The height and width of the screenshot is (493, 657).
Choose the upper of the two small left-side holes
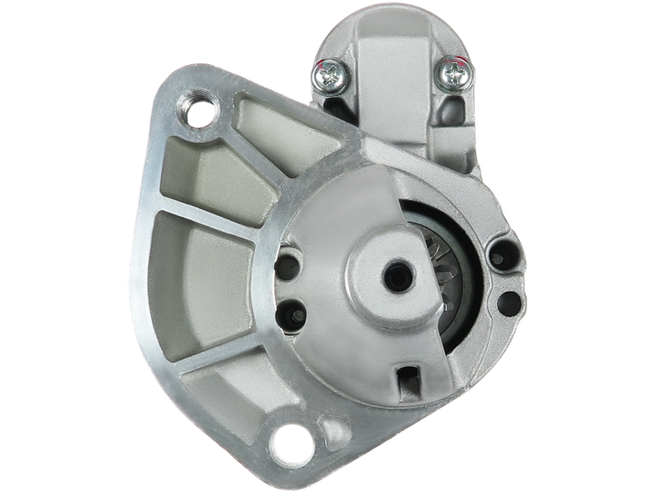290,267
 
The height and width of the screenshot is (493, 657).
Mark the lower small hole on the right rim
508,299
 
